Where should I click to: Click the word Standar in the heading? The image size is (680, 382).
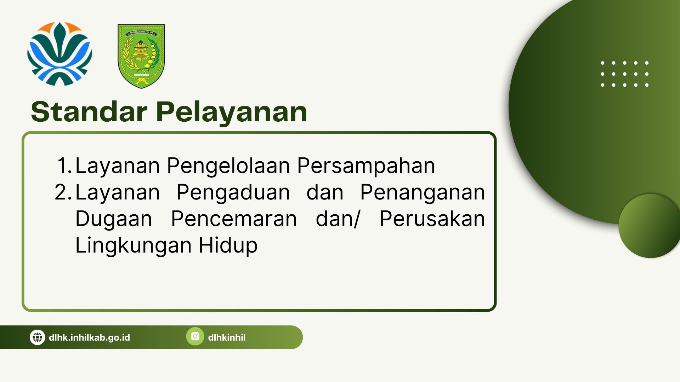click(x=89, y=112)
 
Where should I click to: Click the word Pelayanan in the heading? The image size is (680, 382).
click(x=232, y=112)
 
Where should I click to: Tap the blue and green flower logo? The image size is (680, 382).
click(x=59, y=54)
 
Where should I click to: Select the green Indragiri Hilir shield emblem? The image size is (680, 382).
click(x=141, y=56)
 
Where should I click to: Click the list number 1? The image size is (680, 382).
click(x=64, y=165)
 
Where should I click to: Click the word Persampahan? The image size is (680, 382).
click(x=366, y=166)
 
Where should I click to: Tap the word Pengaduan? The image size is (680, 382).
click(x=233, y=193)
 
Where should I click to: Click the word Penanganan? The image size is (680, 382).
click(x=423, y=193)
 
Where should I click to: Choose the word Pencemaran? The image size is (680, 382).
click(x=234, y=219)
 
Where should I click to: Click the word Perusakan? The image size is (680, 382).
click(x=432, y=219)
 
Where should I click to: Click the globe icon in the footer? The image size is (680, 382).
click(x=37, y=337)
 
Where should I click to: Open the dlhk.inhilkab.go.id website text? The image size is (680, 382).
click(x=89, y=337)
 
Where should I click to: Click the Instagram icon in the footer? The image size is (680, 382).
click(x=195, y=336)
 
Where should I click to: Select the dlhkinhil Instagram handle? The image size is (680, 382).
click(x=227, y=337)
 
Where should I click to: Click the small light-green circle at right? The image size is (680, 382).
click(x=650, y=226)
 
